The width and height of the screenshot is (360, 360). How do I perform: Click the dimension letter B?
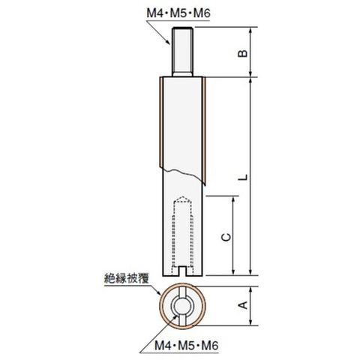pyautogui.click(x=242, y=53)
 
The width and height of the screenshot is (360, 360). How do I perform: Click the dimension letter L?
pyautogui.click(x=242, y=177)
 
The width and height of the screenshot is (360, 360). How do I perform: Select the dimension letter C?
pyautogui.click(x=226, y=237)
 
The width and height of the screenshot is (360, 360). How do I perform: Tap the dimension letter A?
pyautogui.click(x=242, y=305)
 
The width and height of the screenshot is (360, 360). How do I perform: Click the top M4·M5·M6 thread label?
pyautogui.click(x=178, y=13)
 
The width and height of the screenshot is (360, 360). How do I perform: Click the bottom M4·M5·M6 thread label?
pyautogui.click(x=186, y=346)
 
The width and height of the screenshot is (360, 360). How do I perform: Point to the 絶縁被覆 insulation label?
pyautogui.click(x=127, y=278)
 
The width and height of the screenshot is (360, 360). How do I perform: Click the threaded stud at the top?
pyautogui.click(x=182, y=51)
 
